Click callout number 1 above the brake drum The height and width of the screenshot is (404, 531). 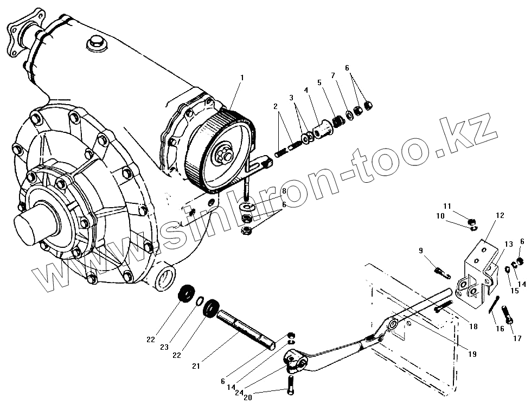[x=242, y=78]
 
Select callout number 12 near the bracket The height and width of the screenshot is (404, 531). [x=500, y=215]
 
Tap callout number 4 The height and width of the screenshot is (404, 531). [x=306, y=90]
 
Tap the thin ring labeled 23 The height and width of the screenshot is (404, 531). [x=199, y=302]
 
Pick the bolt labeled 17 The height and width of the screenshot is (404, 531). [x=508, y=315]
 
